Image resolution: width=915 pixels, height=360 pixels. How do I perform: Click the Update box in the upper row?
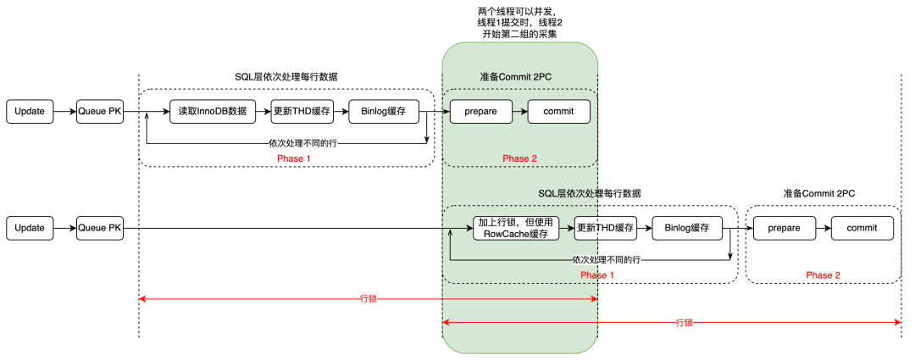click(29, 112)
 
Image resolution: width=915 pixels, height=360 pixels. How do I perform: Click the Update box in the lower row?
click(29, 228)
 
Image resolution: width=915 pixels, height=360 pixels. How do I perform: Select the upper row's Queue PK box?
click(100, 112)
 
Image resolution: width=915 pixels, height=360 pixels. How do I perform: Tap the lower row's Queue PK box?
click(100, 228)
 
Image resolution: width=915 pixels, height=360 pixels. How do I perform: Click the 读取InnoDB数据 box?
click(213, 112)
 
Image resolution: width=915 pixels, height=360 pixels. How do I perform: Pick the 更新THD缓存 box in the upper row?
click(302, 112)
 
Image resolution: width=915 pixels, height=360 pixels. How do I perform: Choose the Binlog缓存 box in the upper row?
click(384, 112)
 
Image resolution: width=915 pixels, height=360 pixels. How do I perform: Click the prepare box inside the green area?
click(481, 112)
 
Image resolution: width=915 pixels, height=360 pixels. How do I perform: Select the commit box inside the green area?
click(559, 112)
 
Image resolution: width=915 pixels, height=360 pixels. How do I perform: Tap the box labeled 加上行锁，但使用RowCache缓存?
click(516, 228)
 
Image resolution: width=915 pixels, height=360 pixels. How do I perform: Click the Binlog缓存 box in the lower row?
click(687, 228)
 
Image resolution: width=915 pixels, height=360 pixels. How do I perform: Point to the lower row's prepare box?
click(785, 228)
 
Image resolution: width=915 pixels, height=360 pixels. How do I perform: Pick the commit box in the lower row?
click(862, 228)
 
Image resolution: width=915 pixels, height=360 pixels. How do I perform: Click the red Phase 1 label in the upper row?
click(294, 158)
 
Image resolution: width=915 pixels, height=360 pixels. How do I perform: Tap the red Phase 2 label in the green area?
click(520, 158)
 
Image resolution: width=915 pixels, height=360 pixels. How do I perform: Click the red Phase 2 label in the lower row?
click(823, 275)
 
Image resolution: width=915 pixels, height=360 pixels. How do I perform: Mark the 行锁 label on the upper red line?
click(369, 299)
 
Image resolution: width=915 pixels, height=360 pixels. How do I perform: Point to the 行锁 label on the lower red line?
click(684, 322)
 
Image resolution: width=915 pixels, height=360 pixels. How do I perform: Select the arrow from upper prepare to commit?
click(520, 112)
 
